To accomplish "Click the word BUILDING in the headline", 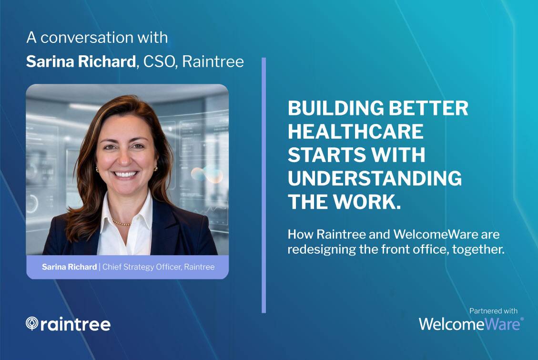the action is [x=335, y=108].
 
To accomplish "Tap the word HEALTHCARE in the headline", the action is [x=355, y=132].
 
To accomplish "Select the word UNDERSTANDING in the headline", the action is [x=375, y=178].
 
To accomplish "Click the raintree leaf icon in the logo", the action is [x=32, y=323].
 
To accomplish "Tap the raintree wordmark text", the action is [x=75, y=324].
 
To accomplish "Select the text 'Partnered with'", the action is [x=493, y=311].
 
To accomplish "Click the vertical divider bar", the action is [x=264, y=185].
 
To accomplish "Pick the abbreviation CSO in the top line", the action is [x=159, y=62].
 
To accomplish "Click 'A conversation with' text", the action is [x=97, y=37].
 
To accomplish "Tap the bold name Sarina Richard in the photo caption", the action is [x=69, y=267].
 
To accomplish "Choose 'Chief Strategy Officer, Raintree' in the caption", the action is [x=159, y=267].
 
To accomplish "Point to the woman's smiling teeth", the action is [x=126, y=175].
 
